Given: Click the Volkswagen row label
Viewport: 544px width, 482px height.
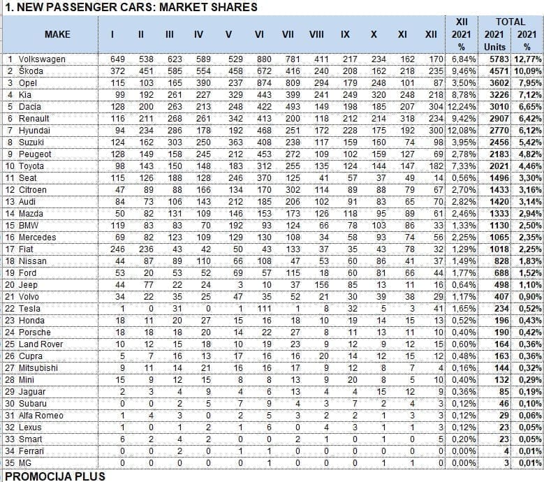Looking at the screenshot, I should tap(42, 59).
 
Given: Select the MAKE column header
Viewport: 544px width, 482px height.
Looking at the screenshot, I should tap(57, 34).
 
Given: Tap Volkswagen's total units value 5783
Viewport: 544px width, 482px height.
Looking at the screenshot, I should tap(495, 59).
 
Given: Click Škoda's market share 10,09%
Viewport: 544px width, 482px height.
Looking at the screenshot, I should tap(528, 71).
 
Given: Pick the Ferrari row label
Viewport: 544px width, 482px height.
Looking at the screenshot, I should tap(32, 451).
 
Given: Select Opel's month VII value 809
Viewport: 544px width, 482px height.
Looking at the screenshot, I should tap(287, 83).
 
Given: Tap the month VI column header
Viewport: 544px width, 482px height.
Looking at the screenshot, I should tap(258, 34).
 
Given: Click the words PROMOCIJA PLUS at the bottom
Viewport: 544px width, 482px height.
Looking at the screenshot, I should tap(55, 476).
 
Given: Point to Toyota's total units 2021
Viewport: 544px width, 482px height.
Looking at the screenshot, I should tap(495, 166).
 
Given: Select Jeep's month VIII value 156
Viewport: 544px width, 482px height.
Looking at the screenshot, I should tap(316, 285).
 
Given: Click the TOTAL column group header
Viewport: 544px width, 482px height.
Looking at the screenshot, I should tap(510, 22).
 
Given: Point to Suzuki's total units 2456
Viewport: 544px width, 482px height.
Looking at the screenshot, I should tap(495, 143).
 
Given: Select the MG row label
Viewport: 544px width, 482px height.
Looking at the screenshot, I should tap(25, 463).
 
